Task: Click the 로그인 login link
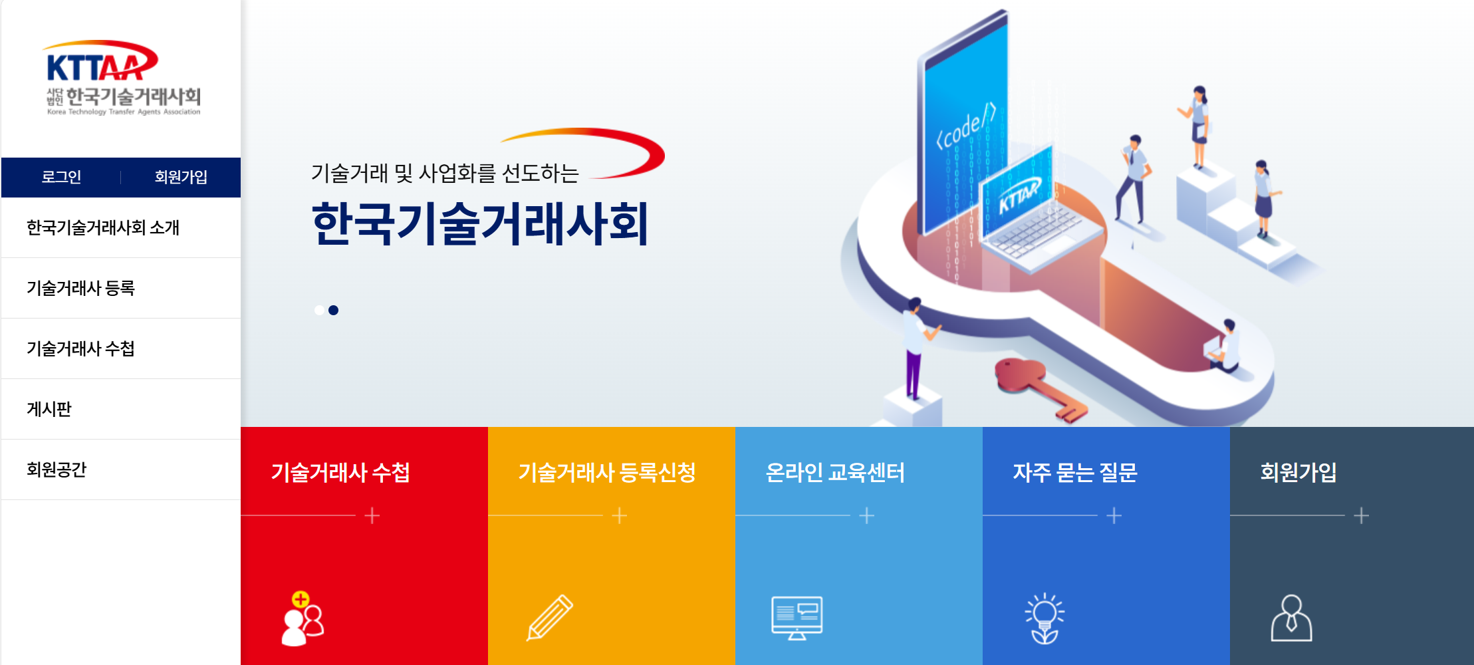[61, 177]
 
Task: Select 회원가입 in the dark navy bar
[181, 177]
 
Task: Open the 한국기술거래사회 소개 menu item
[103, 227]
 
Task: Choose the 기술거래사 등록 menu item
[80, 288]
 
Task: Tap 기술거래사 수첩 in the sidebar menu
[80, 348]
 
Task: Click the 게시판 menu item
[49, 409]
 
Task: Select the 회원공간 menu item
[57, 469]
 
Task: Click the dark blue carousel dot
[334, 310]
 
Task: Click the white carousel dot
[320, 310]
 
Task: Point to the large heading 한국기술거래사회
[479, 224]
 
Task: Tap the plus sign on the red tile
[372, 515]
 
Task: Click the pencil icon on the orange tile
[549, 618]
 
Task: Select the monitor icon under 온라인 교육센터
[797, 618]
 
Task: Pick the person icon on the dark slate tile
[1291, 618]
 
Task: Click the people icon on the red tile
[303, 618]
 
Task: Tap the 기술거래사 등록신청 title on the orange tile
[606, 472]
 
